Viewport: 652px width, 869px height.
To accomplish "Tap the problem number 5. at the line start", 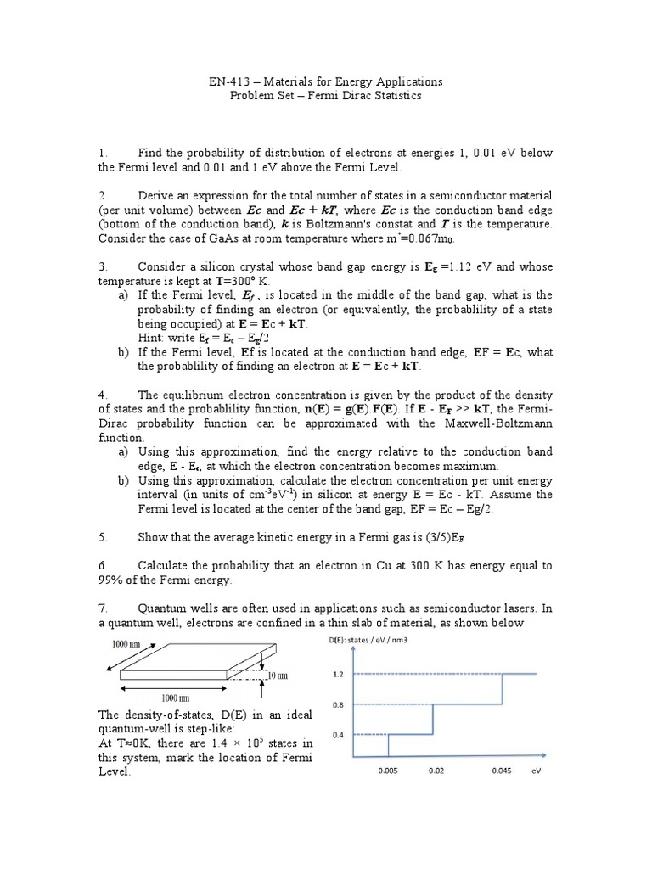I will (103, 537).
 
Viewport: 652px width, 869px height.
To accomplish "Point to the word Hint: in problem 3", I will (153, 338).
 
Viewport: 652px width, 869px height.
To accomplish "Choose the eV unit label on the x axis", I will (536, 771).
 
